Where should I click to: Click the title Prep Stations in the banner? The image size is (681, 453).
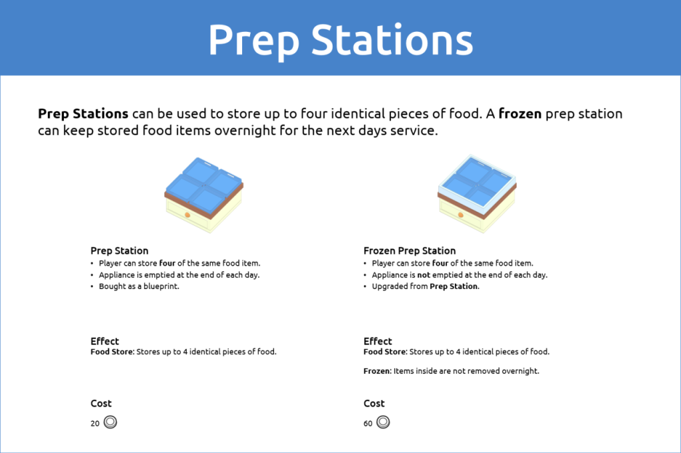click(340, 39)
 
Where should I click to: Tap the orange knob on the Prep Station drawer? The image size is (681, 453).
click(188, 215)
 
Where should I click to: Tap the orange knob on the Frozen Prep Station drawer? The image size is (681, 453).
click(460, 215)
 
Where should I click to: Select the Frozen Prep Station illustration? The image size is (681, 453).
click(477, 193)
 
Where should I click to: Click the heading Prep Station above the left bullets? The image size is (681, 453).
click(119, 250)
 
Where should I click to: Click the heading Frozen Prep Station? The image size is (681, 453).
click(409, 250)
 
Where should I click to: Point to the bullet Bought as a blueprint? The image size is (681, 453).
click(139, 286)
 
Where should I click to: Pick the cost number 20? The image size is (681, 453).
click(95, 423)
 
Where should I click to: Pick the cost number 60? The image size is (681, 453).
click(368, 423)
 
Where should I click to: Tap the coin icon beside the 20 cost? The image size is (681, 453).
click(110, 422)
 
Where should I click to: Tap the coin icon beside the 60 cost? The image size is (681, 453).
click(383, 422)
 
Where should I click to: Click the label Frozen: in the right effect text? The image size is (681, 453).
click(377, 371)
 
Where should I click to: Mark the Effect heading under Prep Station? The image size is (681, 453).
click(104, 341)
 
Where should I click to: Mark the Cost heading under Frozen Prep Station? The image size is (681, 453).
click(374, 403)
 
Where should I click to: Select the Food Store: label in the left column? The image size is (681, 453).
click(112, 352)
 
